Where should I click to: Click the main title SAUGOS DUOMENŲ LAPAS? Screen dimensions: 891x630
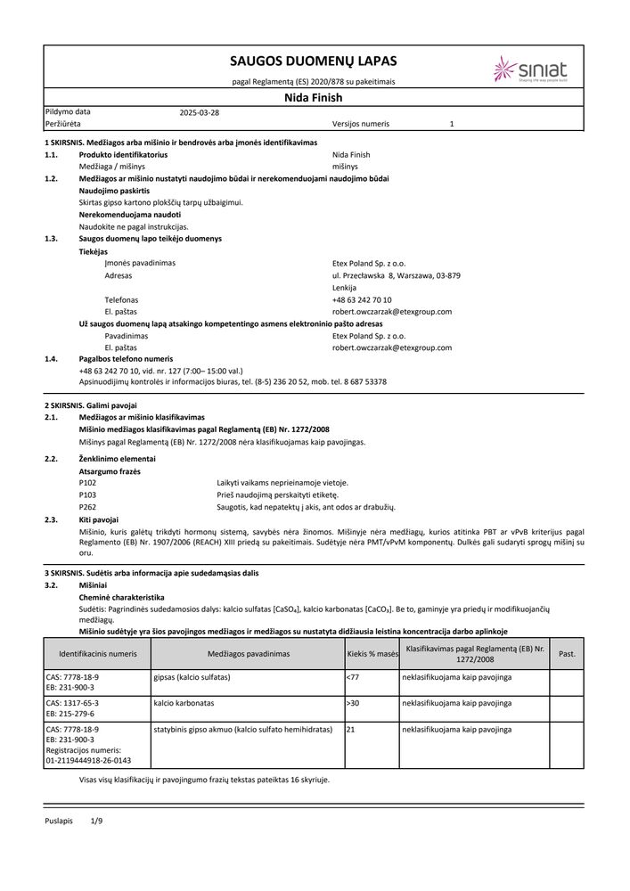(x=313, y=61)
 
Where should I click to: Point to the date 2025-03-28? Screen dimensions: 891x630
(x=199, y=113)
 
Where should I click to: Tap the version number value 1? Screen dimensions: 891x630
(x=452, y=125)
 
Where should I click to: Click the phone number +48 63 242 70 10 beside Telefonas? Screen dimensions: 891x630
(x=361, y=300)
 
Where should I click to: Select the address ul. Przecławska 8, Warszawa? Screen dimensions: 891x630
(x=396, y=276)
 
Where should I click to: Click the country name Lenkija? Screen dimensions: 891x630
(x=344, y=288)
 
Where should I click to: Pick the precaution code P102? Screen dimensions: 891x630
(x=87, y=482)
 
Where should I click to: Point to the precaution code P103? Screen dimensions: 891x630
(x=87, y=494)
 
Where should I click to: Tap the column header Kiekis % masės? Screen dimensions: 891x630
(x=372, y=654)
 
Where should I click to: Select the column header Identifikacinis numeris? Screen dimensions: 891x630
(x=98, y=654)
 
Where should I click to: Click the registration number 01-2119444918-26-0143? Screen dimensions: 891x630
(x=88, y=761)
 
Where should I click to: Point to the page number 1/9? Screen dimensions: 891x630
(x=97, y=819)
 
